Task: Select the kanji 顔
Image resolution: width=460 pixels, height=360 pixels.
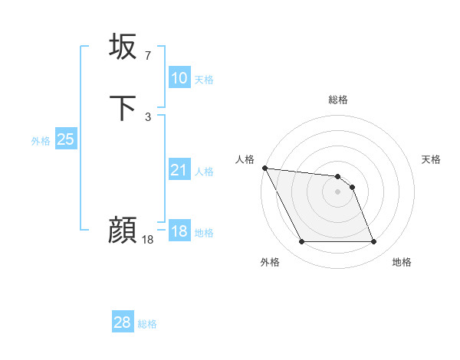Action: tap(123, 230)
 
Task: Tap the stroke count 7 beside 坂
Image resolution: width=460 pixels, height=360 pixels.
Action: tap(147, 55)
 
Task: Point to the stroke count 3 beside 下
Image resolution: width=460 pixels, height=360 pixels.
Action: tap(147, 116)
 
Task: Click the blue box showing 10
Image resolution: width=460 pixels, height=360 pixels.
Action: tap(179, 78)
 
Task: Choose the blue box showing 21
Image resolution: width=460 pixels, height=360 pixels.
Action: tap(179, 170)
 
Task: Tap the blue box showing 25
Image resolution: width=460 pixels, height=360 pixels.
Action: tap(65, 139)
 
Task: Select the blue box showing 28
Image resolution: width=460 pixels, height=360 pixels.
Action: tap(122, 323)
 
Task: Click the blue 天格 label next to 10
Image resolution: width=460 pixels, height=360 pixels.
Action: tap(204, 80)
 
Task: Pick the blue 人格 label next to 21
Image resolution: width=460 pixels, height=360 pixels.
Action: tap(204, 172)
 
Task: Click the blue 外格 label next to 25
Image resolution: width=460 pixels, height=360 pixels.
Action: tap(41, 141)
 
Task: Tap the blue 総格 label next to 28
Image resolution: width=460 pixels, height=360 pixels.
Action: tap(147, 325)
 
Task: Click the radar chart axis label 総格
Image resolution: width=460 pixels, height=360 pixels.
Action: tap(338, 100)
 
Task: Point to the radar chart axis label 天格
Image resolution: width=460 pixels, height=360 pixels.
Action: tap(432, 159)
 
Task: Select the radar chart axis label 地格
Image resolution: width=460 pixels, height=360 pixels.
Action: tap(402, 262)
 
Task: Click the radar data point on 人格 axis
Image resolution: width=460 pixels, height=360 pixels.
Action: tap(264, 168)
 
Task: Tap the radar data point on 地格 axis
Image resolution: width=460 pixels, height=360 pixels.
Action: tap(373, 242)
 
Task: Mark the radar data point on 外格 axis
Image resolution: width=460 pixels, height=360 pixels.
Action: tap(302, 242)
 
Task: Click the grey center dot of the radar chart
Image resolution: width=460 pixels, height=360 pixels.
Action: tap(338, 191)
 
